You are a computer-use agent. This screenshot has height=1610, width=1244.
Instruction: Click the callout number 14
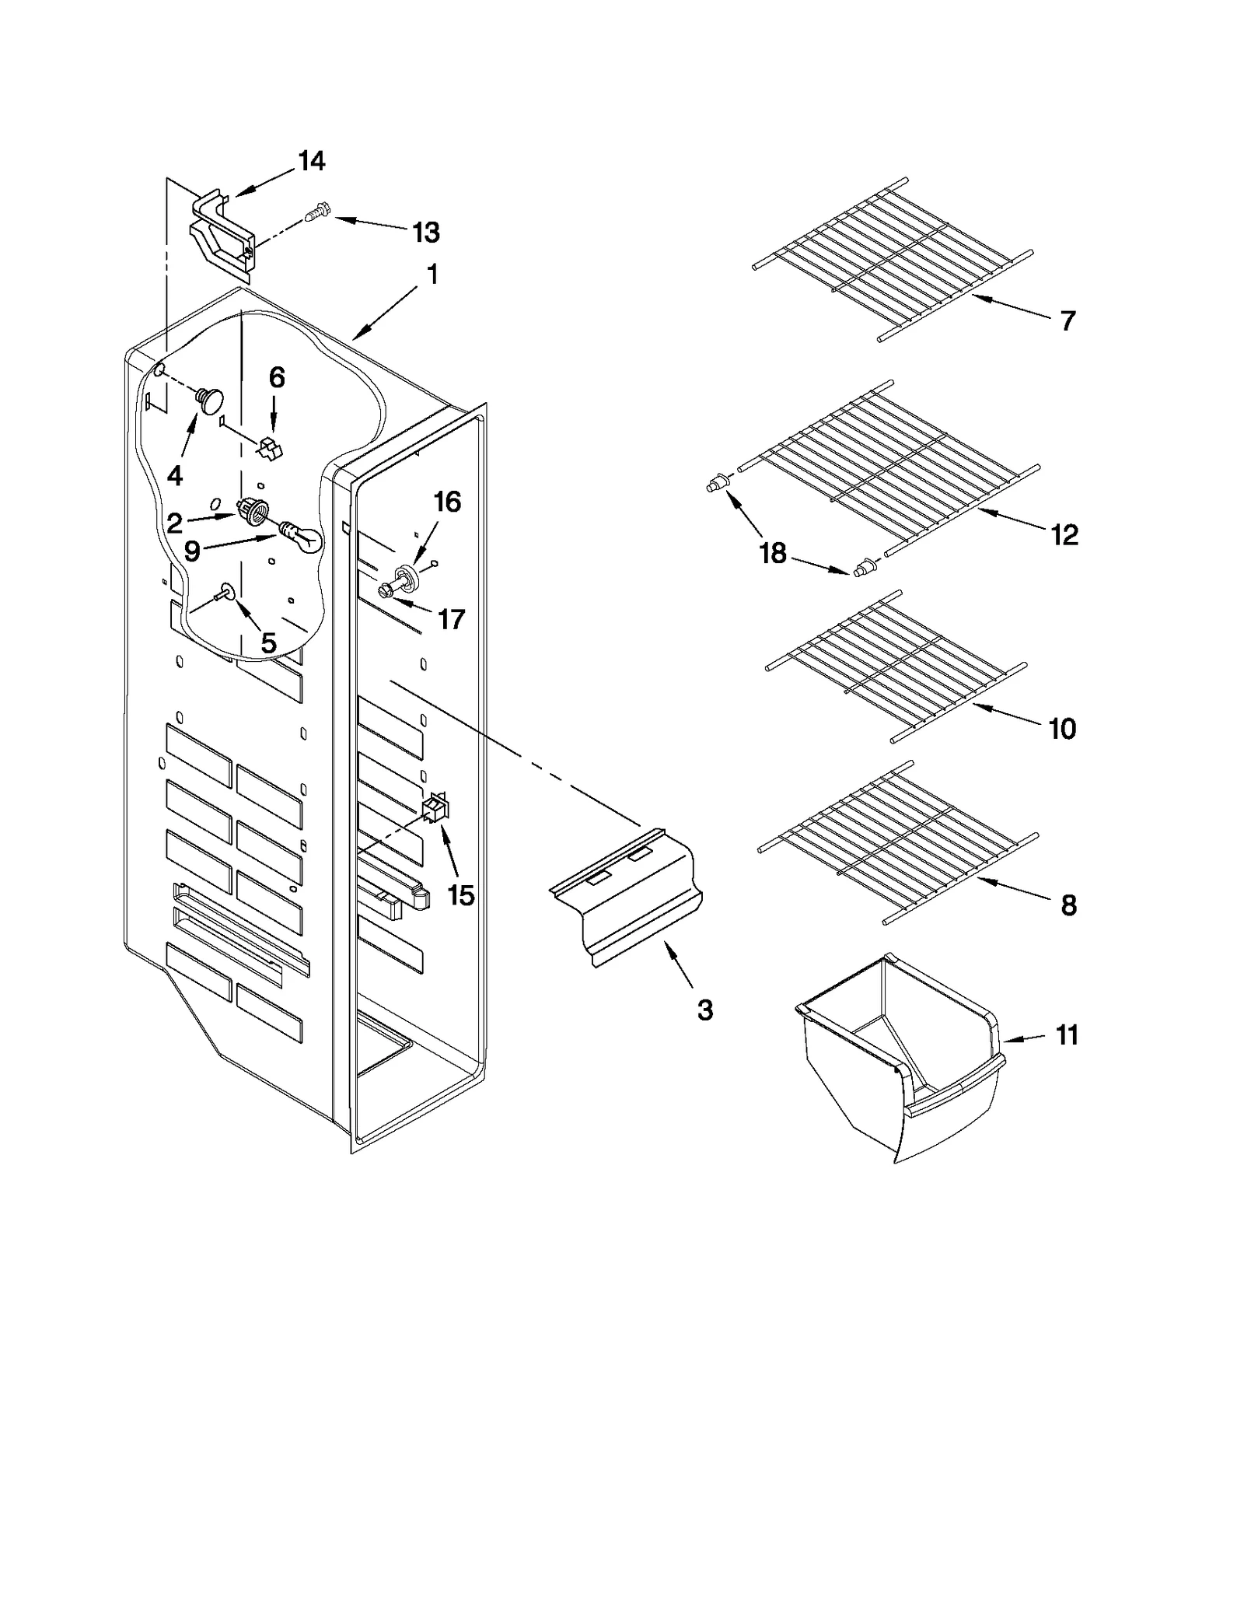tap(311, 161)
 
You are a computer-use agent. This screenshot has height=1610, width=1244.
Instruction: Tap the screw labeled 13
tap(317, 211)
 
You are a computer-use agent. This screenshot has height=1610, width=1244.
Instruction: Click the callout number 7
tap(1068, 320)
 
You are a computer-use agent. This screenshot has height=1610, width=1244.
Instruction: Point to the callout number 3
tap(704, 1010)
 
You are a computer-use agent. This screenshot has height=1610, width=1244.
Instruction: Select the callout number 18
tap(773, 554)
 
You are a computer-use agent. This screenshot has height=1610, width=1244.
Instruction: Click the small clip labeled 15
tap(435, 810)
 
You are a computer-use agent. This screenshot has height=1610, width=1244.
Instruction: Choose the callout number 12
tap(1064, 534)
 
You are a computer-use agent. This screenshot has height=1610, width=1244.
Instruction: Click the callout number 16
tap(447, 502)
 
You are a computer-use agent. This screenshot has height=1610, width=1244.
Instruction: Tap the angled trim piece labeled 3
tap(626, 894)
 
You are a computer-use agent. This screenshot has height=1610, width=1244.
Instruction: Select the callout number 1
tap(432, 274)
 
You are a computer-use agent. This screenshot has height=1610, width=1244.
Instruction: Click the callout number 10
tap(1062, 729)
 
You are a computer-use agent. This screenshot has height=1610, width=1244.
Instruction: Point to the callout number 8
tap(1068, 905)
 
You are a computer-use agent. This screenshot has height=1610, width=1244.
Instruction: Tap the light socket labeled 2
tap(253, 510)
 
